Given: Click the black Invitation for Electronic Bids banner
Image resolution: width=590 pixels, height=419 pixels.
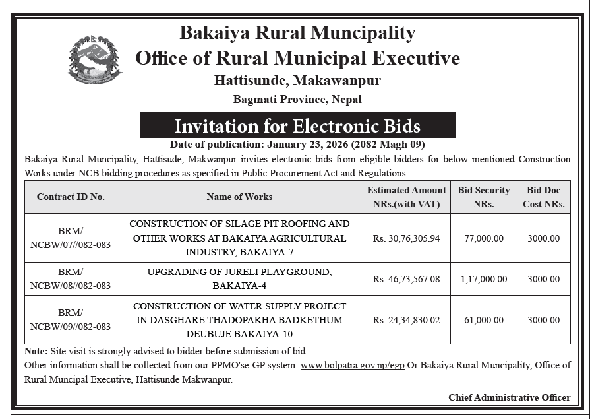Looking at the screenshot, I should pos(297,125).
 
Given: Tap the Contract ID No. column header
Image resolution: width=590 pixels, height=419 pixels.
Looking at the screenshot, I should pos(71,197).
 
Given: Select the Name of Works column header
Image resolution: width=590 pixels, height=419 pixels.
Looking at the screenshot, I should pos(239,197).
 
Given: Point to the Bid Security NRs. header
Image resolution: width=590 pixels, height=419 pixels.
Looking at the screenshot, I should pos(483,197).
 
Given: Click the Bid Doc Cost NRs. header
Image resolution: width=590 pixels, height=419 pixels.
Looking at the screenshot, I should pos(543,197).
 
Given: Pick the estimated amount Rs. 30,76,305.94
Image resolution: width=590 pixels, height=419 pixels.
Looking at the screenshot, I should pos(406,238).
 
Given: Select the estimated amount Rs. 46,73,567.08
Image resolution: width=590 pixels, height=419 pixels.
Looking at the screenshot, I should pos(406,279).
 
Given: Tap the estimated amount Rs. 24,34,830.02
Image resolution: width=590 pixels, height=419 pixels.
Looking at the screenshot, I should pos(406,320).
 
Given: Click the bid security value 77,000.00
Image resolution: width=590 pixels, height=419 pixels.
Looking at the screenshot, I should pos(483,238).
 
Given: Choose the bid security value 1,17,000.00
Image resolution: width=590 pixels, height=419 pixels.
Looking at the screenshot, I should pos(483,279).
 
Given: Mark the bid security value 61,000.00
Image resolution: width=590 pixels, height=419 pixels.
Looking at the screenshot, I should pos(483,320).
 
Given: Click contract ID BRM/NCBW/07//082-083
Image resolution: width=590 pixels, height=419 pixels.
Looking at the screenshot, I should pos(71,238).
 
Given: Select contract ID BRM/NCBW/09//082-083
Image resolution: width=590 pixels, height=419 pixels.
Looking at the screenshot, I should pos(71,320).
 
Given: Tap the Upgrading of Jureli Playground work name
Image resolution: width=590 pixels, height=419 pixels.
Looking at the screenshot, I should pos(239,279).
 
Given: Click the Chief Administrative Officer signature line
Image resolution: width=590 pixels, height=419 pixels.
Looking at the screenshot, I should pos(509,397).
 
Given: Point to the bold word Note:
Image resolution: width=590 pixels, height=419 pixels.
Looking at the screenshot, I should pos(36,352).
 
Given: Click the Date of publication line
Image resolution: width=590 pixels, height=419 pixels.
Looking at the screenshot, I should pos(297,145).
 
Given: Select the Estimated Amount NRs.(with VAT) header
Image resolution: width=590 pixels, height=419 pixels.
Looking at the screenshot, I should pos(406,197).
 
